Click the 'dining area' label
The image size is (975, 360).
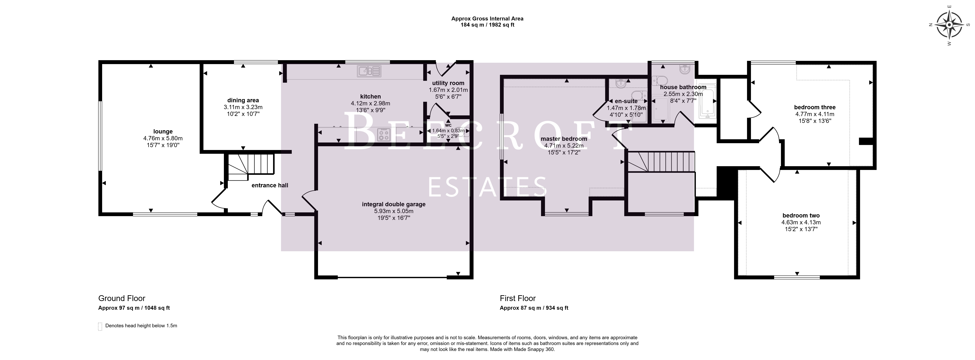[243, 100]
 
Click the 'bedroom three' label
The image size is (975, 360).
[815, 107]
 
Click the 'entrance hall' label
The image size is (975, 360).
[270, 185]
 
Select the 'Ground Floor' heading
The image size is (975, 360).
[122, 298]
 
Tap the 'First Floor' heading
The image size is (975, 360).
[518, 298]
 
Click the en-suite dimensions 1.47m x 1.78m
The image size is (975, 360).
[626, 108]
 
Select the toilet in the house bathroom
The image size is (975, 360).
[661, 80]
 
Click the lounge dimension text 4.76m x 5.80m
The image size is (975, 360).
[163, 139]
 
